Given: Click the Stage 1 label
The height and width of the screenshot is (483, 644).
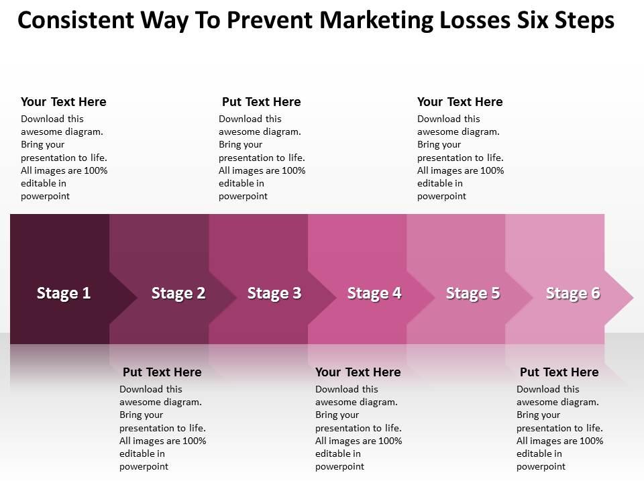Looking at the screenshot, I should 64,293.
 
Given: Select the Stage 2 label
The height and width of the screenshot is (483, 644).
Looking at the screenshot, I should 178,293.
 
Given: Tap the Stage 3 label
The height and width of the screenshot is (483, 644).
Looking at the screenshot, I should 274,293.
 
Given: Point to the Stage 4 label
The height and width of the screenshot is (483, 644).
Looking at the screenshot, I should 374,293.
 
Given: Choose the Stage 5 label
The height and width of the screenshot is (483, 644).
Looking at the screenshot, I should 473,293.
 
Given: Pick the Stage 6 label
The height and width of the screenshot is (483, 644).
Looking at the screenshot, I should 573,293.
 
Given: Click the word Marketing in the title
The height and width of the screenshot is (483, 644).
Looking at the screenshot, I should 376,21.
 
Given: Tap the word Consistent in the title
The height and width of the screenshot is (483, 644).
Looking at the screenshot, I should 75,21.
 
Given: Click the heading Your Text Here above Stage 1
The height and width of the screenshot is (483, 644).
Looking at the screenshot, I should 64,102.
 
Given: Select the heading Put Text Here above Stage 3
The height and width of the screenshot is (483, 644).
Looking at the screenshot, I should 262,102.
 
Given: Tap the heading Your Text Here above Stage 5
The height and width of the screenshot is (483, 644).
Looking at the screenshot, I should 460,102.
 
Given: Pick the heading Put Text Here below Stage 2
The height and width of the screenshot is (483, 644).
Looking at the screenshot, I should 162,372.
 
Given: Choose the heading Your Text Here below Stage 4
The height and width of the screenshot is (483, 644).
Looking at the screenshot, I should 358,372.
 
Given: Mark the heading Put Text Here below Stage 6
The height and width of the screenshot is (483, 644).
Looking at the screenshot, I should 559,372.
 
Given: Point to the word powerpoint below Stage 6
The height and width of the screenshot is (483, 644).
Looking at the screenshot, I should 541,466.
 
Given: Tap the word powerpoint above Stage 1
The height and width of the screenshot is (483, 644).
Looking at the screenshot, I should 46,196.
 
